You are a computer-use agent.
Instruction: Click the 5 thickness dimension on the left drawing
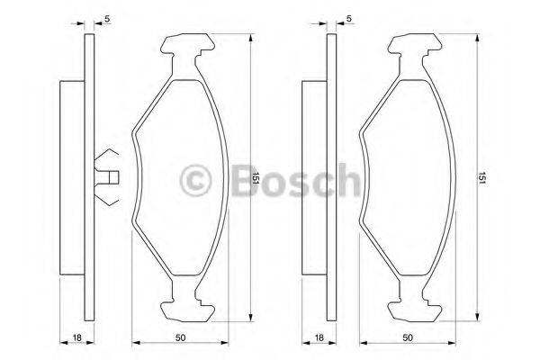pos(108,19)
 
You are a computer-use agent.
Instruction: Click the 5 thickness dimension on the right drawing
pos(348,19)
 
